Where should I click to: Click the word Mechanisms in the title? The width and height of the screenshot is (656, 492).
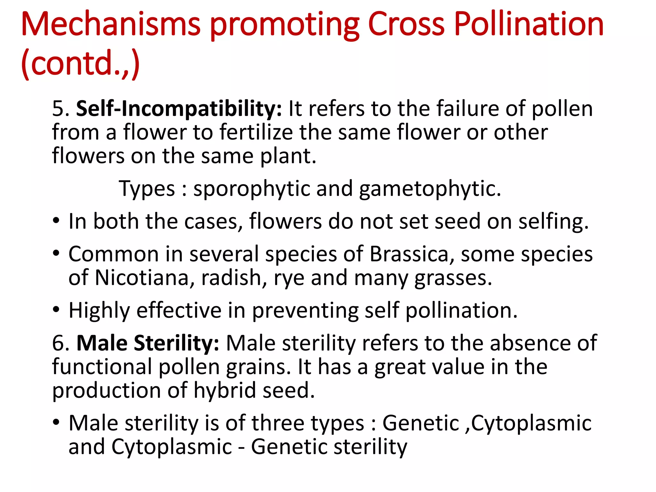[x=111, y=24]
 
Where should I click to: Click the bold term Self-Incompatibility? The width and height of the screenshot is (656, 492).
[x=179, y=109]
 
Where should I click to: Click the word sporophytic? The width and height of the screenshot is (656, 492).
[x=251, y=189]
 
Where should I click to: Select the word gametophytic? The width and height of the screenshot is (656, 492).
[x=430, y=189]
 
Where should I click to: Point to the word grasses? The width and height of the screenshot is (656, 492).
[x=453, y=278]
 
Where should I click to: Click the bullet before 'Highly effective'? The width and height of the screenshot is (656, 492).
[x=56, y=310]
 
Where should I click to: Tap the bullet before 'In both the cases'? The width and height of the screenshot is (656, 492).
[x=56, y=221]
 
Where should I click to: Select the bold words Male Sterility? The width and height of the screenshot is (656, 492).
[x=148, y=343]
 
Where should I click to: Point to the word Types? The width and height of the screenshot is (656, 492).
[x=147, y=189]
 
